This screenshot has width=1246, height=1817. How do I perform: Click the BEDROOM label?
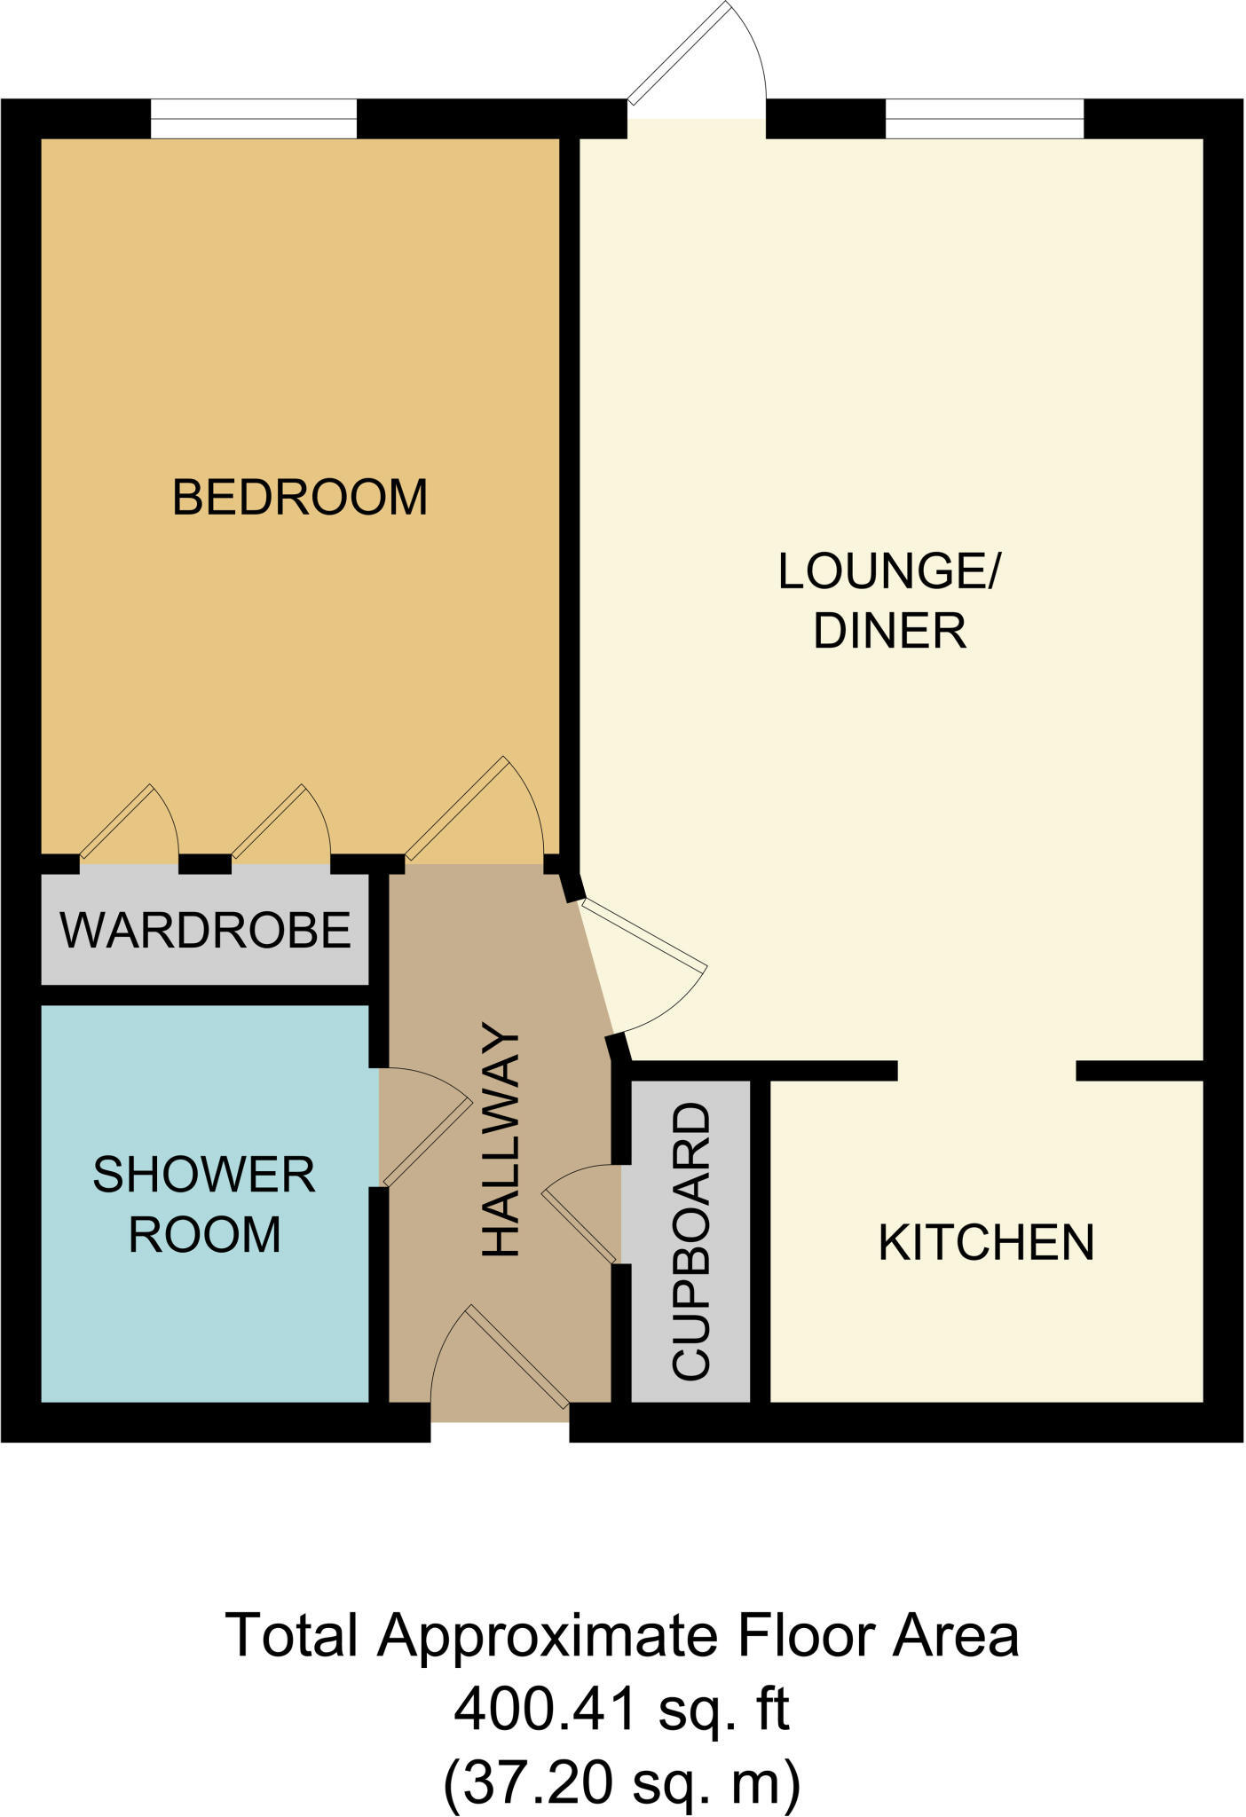click(x=299, y=497)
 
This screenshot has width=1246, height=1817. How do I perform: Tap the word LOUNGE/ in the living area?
click(x=888, y=571)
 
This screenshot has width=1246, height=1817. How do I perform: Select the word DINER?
click(x=889, y=632)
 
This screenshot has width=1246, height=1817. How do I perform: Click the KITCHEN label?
click(x=986, y=1243)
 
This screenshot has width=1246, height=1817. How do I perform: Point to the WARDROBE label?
click(x=205, y=931)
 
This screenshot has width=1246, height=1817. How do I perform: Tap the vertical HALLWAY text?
click(x=501, y=1141)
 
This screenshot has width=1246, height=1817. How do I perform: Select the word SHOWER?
click(x=204, y=1176)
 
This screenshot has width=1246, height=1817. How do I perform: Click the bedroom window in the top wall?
click(x=253, y=119)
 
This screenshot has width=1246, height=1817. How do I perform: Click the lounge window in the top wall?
click(x=984, y=119)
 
